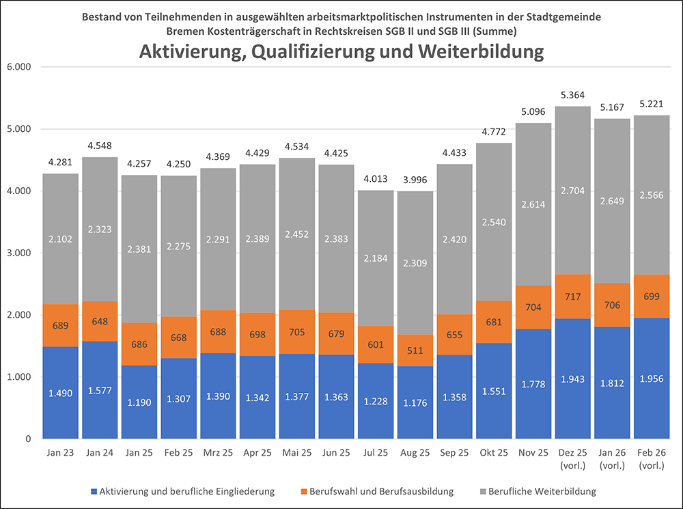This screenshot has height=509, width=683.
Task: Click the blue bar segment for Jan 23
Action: pos(60,392)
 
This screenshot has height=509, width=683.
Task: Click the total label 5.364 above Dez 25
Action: pos(573,96)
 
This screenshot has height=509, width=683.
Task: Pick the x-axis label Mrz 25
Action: pos(218,452)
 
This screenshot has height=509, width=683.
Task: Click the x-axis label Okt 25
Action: pos(494,452)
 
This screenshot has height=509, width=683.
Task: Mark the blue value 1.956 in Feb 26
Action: pos(652,398)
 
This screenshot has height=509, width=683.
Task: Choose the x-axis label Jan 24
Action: pos(100,452)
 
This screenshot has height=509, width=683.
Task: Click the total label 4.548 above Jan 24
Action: pos(100,146)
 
